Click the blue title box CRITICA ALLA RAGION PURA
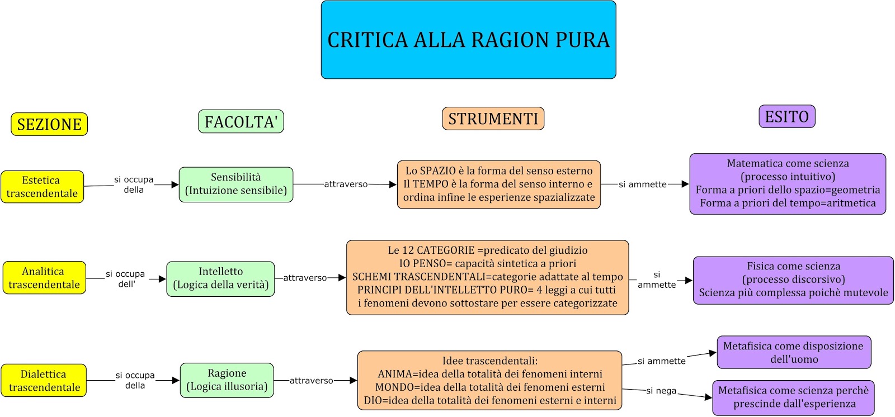click(468, 40)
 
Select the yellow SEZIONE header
click(49, 124)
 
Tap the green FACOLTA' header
click(241, 121)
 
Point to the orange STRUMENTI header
click(493, 119)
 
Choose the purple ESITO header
click(786, 116)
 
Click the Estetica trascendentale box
click(42, 187)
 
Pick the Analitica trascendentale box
click(44, 278)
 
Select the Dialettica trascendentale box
click(44, 381)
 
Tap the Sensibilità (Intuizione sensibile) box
click(235, 184)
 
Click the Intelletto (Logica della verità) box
click(220, 278)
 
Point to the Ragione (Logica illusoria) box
click(227, 380)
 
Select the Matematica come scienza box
click(787, 184)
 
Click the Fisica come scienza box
click(793, 280)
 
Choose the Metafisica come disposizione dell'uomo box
click(793, 352)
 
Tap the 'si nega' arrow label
click(661, 391)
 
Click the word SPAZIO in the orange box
click(439, 171)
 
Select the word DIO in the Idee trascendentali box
click(373, 401)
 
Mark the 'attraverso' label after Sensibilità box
click(346, 184)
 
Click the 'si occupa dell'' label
click(125, 279)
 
